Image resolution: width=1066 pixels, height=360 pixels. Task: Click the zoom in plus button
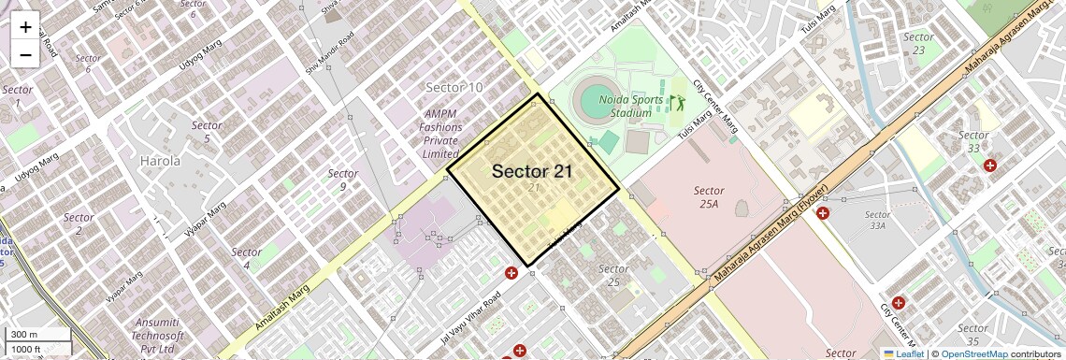25,26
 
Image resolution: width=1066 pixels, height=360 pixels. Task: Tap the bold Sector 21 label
532,171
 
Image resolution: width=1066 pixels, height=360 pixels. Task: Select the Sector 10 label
454,87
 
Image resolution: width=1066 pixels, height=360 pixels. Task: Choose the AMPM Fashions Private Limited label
439,134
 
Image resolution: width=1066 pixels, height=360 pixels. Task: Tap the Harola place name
160,161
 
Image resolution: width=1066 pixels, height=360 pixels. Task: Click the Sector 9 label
342,180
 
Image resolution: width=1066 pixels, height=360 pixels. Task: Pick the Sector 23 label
918,43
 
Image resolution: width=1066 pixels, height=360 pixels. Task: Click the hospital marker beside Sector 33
990,166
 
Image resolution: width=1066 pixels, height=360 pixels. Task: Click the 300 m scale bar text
24,335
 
